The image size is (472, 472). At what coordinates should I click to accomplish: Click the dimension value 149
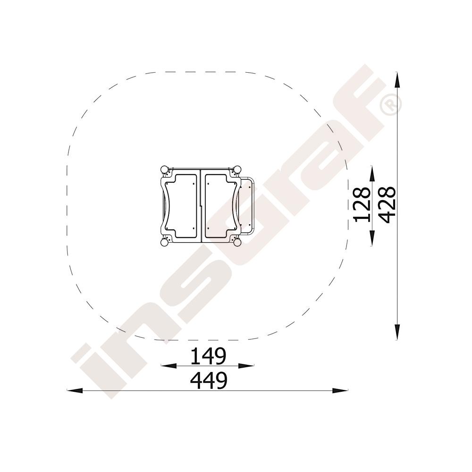[208, 356]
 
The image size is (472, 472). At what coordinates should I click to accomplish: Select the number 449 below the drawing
[208, 380]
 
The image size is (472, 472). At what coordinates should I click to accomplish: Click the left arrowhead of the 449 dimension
[75, 390]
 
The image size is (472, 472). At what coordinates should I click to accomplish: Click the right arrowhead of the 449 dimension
[340, 390]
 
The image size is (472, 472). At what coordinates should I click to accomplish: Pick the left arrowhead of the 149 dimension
[169, 366]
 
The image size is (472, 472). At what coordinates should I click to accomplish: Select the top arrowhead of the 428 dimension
[397, 80]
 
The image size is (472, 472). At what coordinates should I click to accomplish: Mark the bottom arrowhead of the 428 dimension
[397, 332]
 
